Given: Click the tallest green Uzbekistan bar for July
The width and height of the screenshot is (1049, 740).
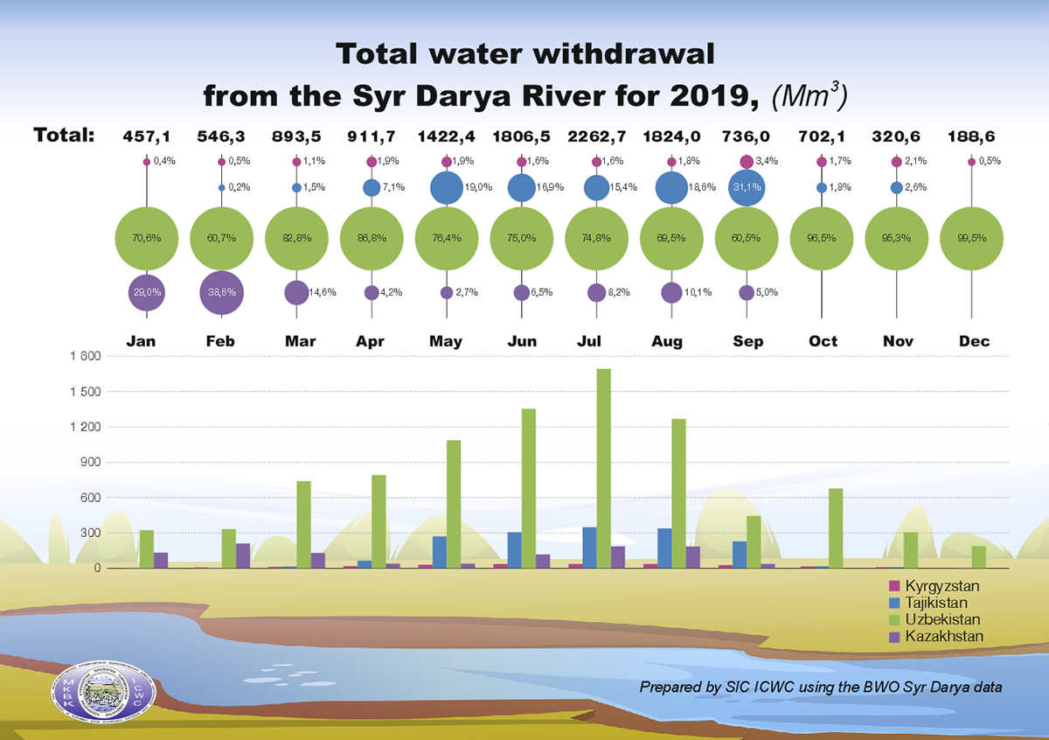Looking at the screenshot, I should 603,468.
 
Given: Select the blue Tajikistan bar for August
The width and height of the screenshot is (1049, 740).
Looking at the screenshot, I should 665,548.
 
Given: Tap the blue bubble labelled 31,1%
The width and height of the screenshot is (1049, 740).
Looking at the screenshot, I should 746,188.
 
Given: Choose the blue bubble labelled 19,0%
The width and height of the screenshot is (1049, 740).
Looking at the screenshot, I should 447,187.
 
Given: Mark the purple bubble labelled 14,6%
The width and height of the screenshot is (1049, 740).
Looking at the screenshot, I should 296,292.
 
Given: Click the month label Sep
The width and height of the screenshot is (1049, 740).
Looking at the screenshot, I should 747,341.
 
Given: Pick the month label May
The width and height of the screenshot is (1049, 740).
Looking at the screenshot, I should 446,341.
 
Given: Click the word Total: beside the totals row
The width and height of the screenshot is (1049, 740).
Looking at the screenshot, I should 64,136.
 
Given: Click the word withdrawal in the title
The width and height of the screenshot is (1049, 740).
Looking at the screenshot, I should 610,55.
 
